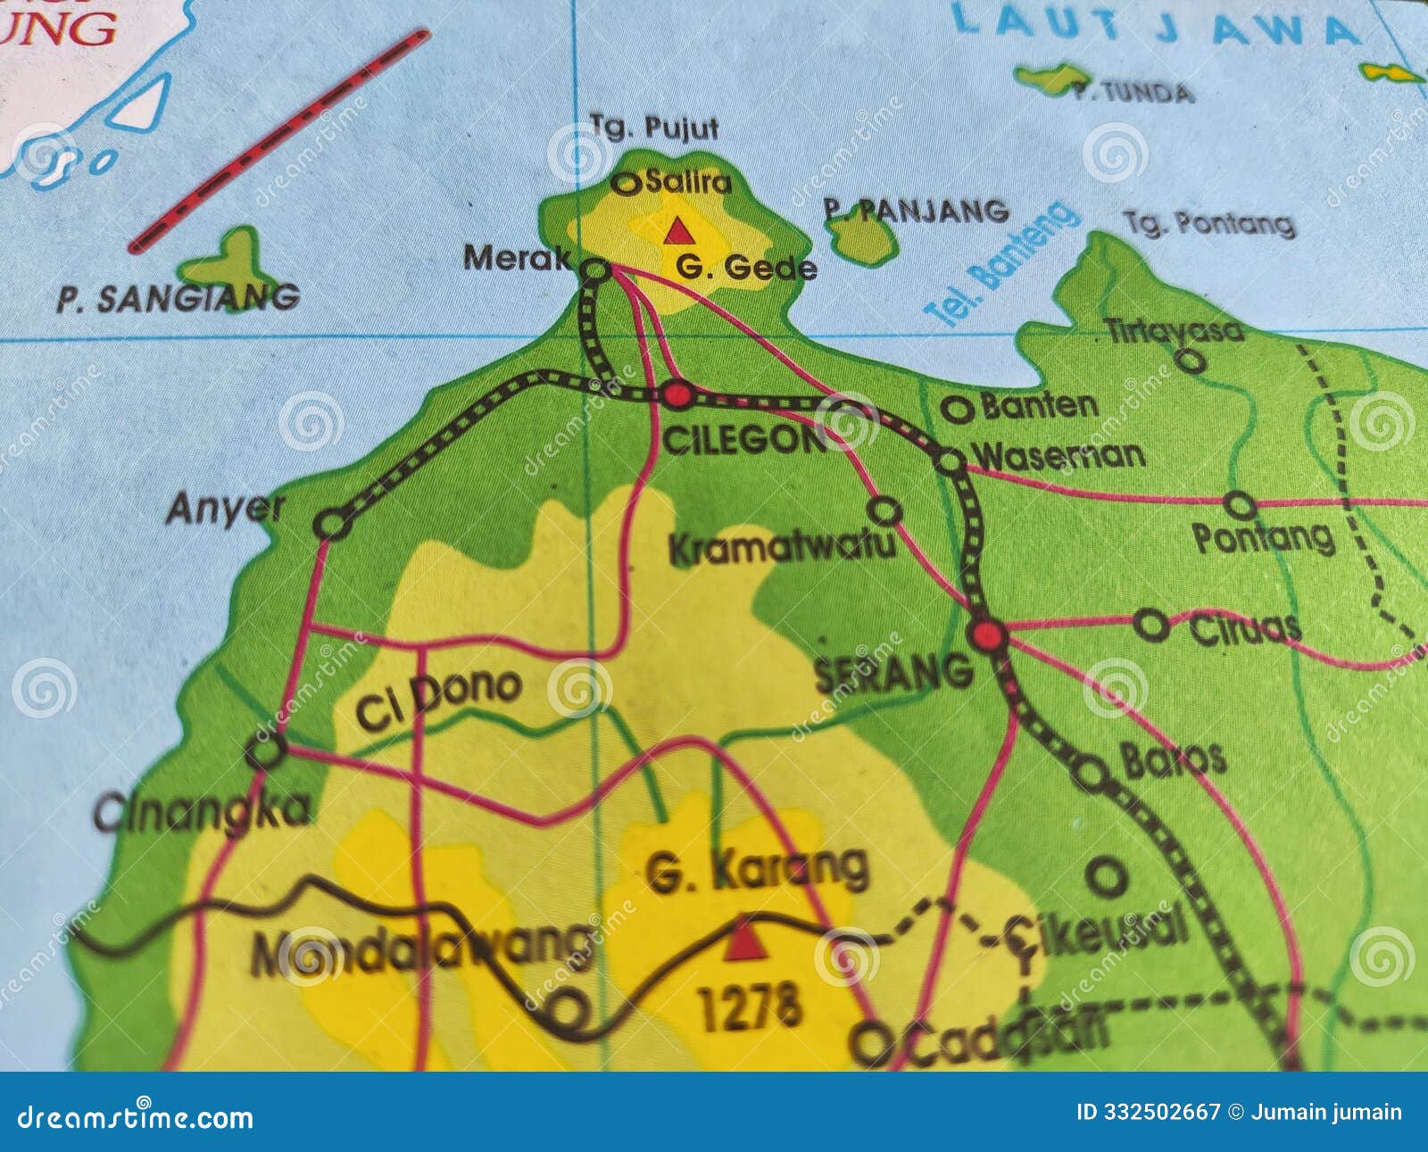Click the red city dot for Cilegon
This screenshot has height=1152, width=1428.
pyautogui.click(x=677, y=394)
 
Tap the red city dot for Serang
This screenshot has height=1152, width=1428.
pyautogui.click(x=989, y=636)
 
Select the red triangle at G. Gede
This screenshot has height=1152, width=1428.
pyautogui.click(x=678, y=232)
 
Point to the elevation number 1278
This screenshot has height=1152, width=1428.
pyautogui.click(x=750, y=1007)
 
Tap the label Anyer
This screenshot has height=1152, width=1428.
pyautogui.click(x=224, y=509)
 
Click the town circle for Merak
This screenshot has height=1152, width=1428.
pyautogui.click(x=595, y=269)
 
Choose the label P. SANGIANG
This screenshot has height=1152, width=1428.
pyautogui.click(x=178, y=299)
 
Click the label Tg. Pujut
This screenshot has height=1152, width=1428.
pyautogui.click(x=654, y=128)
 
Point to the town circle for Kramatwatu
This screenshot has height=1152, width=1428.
pyautogui.click(x=884, y=511)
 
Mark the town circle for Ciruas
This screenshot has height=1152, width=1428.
pyautogui.click(x=1150, y=625)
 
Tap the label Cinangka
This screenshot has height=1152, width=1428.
pyautogui.click(x=203, y=810)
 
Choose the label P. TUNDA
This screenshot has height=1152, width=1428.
pyautogui.click(x=1133, y=93)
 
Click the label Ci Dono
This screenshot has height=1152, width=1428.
pyautogui.click(x=437, y=698)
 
